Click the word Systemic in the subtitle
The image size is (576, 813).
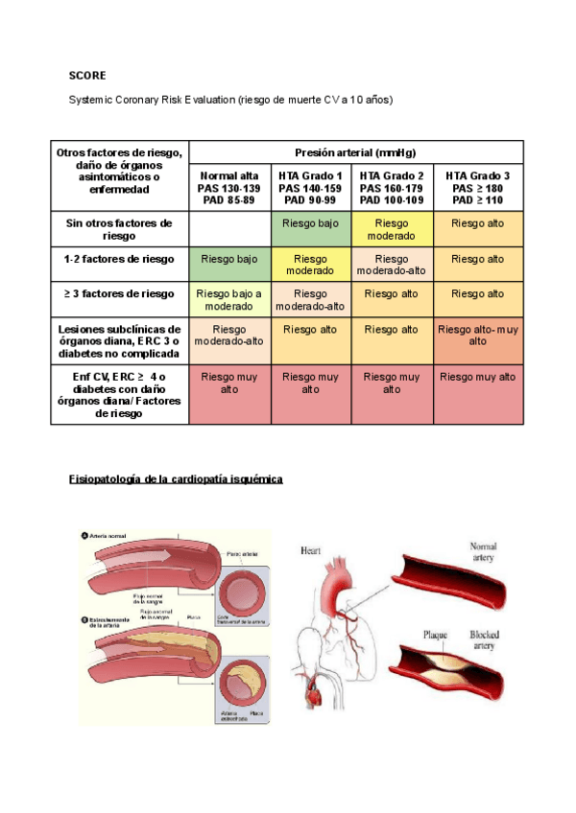click(x=89, y=100)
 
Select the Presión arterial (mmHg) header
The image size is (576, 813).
click(x=356, y=152)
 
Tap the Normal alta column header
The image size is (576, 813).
click(x=228, y=188)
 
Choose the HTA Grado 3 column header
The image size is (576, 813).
click(x=478, y=188)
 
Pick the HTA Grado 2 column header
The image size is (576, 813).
click(x=392, y=188)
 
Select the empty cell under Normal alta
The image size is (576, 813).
click(x=228, y=230)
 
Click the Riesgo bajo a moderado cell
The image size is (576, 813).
click(x=228, y=299)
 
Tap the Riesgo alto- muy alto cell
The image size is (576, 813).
click(x=478, y=335)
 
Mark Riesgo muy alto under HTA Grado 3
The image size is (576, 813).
click(x=478, y=377)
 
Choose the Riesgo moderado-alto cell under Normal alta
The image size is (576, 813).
click(x=228, y=335)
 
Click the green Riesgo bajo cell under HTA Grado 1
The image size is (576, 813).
click(x=310, y=223)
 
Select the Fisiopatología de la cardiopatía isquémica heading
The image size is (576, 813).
click(x=176, y=478)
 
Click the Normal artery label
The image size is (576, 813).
click(x=483, y=551)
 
